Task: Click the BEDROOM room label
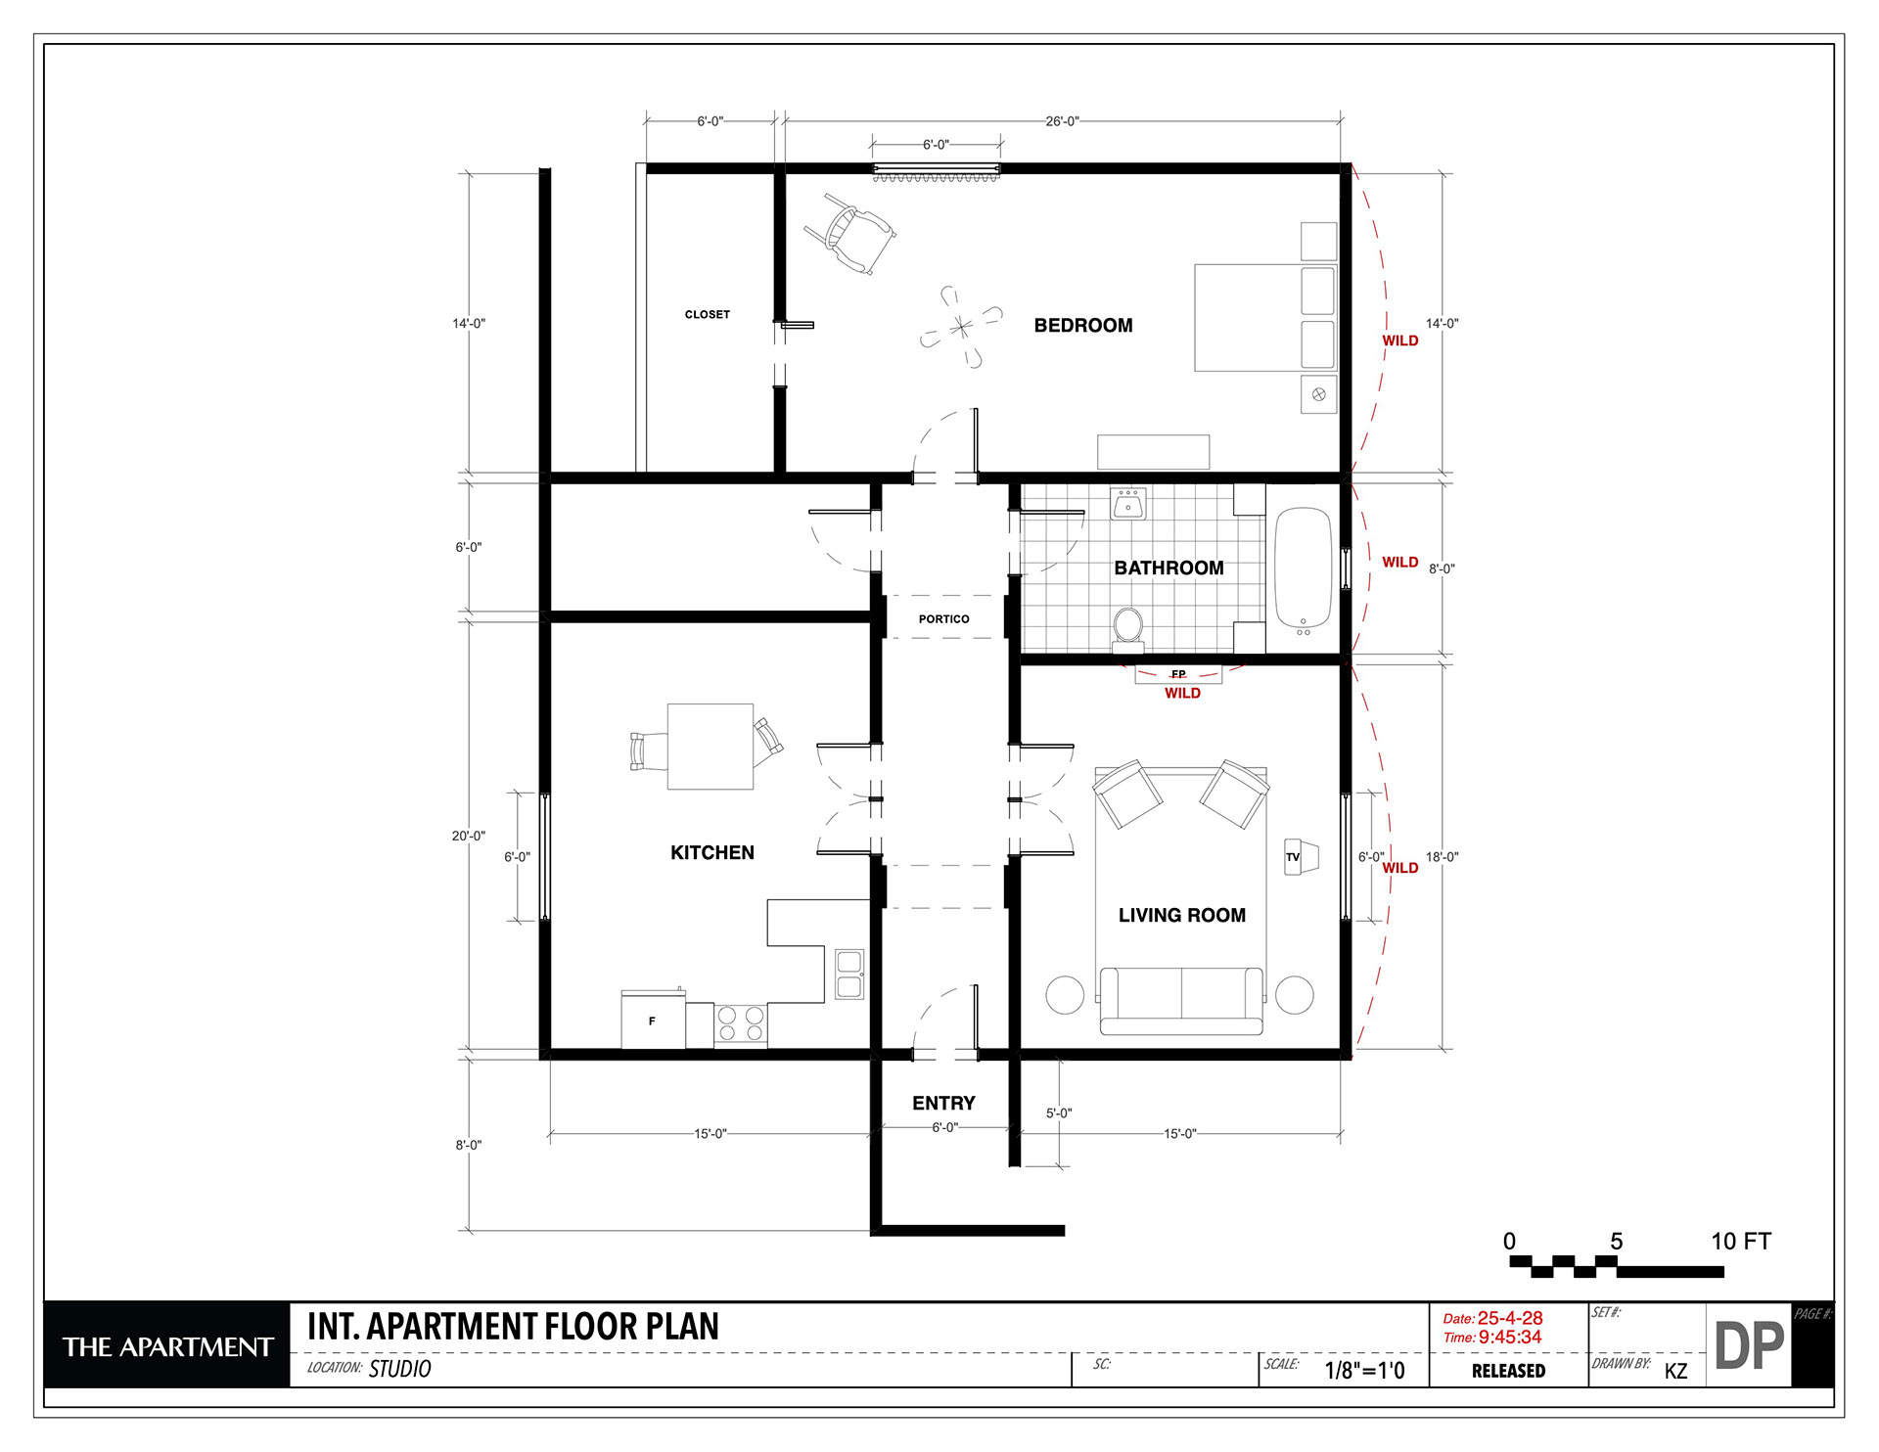1083,326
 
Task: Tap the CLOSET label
708,315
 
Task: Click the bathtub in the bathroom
1304,569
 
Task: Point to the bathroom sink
1128,504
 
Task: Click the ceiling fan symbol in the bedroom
961,327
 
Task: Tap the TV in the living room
1301,857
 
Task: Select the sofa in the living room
1181,1000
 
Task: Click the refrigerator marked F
653,1020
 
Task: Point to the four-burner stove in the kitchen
741,1025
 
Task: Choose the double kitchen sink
849,974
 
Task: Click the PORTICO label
943,619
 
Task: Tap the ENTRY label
943,1103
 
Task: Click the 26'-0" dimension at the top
1062,121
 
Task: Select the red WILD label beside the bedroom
1400,340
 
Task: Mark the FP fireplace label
1178,674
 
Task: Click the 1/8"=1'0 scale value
1364,1370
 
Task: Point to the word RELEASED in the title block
1508,1371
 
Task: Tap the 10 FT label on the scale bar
1741,1242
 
